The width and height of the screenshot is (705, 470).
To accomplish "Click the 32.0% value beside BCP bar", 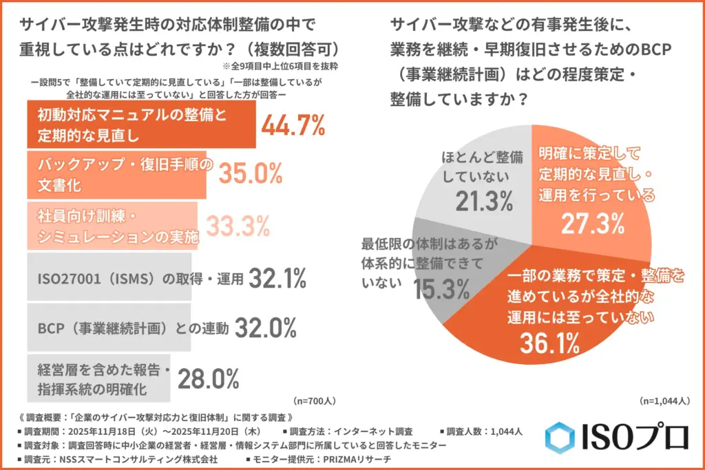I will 265,328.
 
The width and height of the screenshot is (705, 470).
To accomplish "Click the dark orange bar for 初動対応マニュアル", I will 140,125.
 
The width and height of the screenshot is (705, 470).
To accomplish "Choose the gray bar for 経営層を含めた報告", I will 98,377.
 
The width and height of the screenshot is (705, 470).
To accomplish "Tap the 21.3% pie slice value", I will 484,201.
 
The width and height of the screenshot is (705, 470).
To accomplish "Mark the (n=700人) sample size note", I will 315,400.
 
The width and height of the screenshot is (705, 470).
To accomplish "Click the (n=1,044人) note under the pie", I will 664,400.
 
